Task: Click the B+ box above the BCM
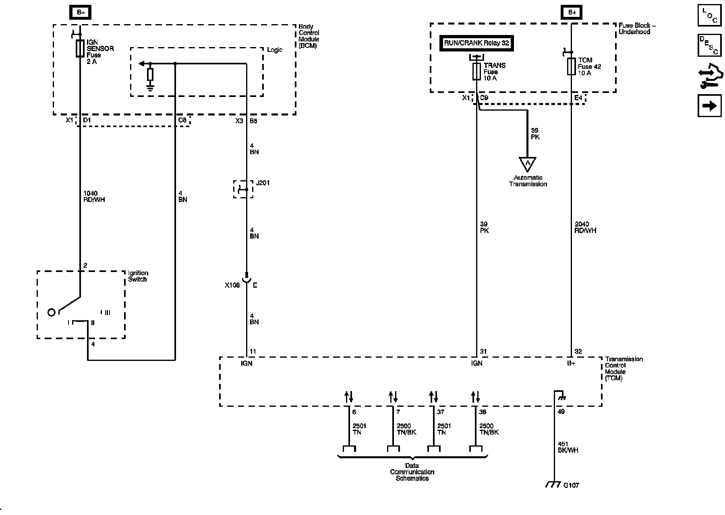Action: (x=81, y=12)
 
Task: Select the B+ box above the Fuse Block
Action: (x=572, y=12)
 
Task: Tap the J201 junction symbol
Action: (x=243, y=189)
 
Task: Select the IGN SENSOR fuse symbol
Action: (x=80, y=48)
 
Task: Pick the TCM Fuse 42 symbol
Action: (x=571, y=66)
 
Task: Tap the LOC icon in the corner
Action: (x=709, y=15)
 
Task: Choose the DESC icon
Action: (x=709, y=45)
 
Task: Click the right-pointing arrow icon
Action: (x=709, y=106)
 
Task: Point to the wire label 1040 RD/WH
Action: (x=93, y=196)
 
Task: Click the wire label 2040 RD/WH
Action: (x=585, y=227)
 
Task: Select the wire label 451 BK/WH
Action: (x=568, y=447)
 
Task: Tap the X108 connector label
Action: (x=232, y=285)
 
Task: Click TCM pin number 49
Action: (x=561, y=412)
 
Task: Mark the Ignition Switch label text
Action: (x=138, y=276)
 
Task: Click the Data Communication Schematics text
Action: (x=412, y=472)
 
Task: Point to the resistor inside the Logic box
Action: (x=150, y=74)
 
